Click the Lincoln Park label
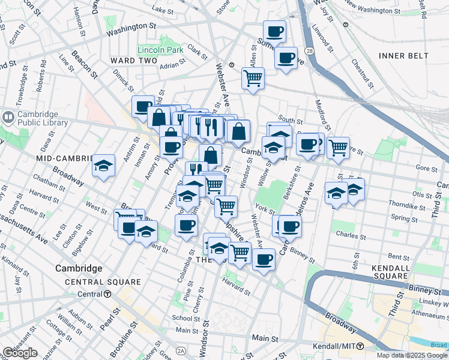pyautogui.click(x=160, y=50)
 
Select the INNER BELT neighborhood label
pyautogui.click(x=403, y=56)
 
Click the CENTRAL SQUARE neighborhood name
pyautogui.click(x=103, y=282)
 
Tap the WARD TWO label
pyautogui.click(x=133, y=61)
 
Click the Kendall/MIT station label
pyautogui.click(x=334, y=347)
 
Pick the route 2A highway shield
pyautogui.click(x=180, y=350)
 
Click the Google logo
pyautogui.click(x=20, y=353)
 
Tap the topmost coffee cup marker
pyautogui.click(x=274, y=31)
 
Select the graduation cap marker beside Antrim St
pyautogui.click(x=103, y=166)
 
